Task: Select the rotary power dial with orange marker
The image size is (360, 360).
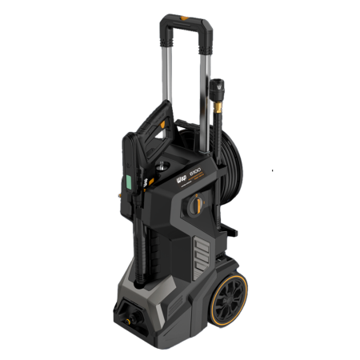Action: pyautogui.click(x=194, y=206)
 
